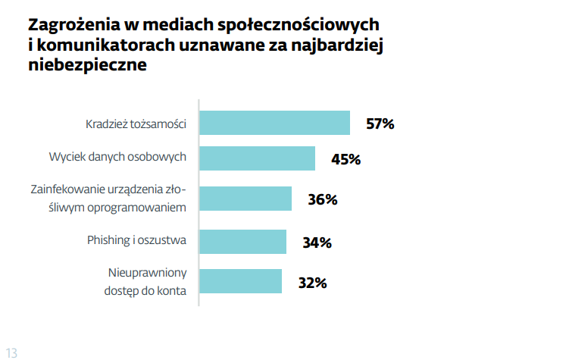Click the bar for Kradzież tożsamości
tap(274, 123)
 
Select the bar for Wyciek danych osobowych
tap(257, 158)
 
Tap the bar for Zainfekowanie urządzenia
tap(245, 199)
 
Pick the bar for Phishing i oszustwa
tap(242, 242)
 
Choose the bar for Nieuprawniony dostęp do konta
tap(240, 281)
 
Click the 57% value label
tap(380, 124)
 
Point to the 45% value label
tap(345, 159)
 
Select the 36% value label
tap(322, 200)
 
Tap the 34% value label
tap(317, 243)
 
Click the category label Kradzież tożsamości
tap(136, 124)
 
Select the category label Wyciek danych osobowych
tap(117, 158)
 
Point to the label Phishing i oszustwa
tap(137, 242)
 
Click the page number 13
tap(11, 352)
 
